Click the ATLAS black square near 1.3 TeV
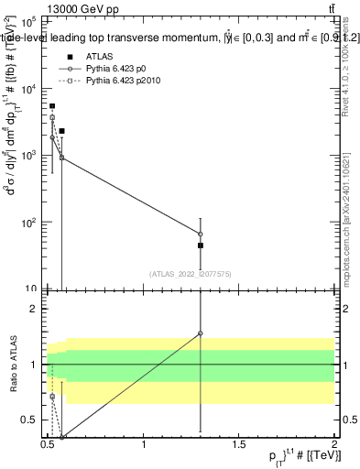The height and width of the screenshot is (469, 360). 201,245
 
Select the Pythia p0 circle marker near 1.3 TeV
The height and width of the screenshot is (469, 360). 201,234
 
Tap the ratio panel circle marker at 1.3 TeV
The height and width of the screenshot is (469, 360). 201,333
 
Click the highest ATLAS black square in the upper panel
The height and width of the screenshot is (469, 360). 52,106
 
